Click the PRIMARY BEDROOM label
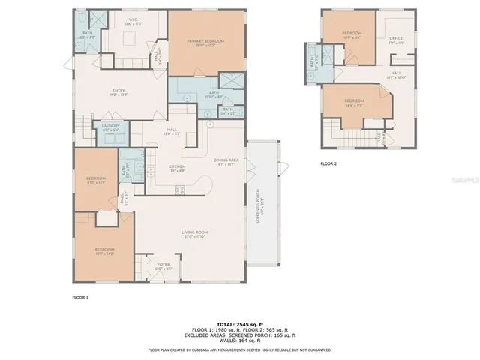pos(205,42)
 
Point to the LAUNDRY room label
pos(110,127)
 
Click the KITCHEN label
pos(176,168)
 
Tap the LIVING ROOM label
pos(194,234)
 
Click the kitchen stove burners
pos(180,191)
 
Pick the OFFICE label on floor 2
pos(396,40)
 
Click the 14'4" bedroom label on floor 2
pos(355,103)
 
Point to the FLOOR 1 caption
pos(79,298)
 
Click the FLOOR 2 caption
pos(328,163)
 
